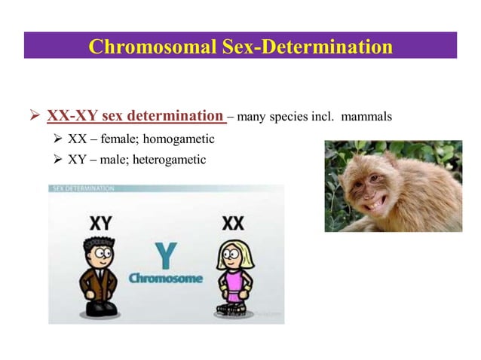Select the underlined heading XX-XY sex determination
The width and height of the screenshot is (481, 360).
pyautogui.click(x=136, y=117)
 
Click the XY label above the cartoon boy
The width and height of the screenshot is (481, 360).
pyautogui.click(x=101, y=224)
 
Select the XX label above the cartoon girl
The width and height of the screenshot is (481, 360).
pyautogui.click(x=233, y=224)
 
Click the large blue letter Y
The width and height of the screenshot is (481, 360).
pyautogui.click(x=166, y=255)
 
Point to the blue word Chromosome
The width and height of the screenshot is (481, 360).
pyautogui.click(x=166, y=279)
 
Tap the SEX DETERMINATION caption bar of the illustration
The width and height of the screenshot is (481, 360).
pyautogui.click(x=83, y=188)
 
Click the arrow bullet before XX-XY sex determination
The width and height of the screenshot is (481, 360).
pyautogui.click(x=34, y=117)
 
